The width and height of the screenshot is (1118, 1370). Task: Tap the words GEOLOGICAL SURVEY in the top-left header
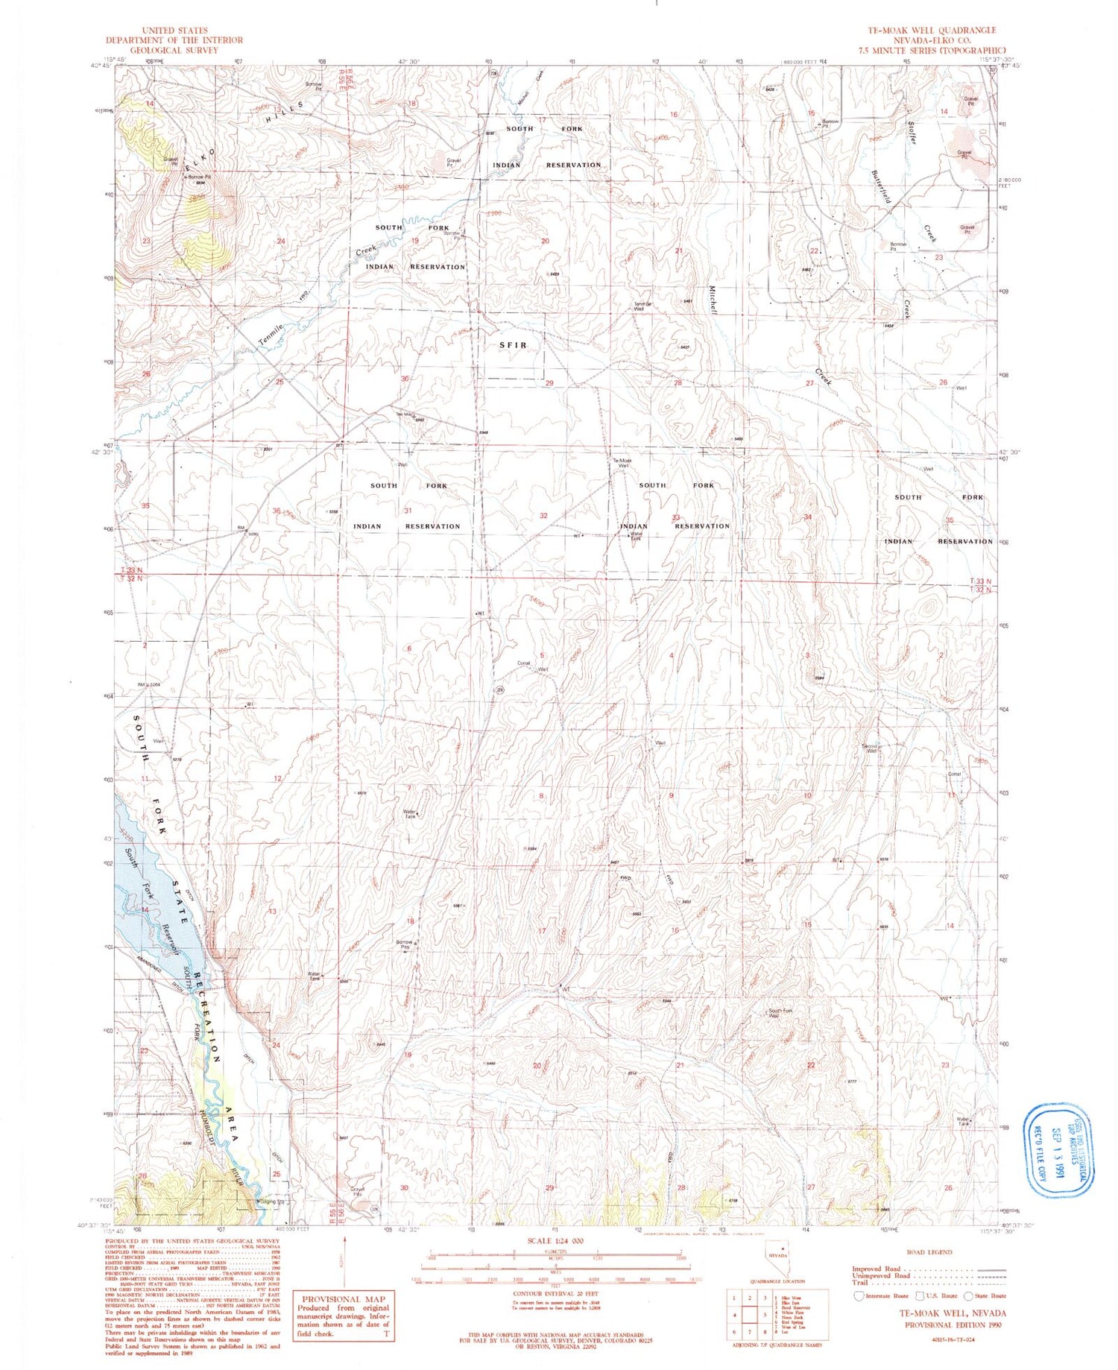click(162, 50)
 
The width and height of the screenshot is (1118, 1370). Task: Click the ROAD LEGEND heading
click(928, 1252)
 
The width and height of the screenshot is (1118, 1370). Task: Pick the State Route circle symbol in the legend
click(969, 1295)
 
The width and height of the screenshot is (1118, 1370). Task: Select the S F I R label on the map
click(513, 345)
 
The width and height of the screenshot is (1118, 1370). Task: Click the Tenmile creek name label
click(272, 336)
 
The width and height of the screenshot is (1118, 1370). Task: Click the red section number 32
click(543, 516)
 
